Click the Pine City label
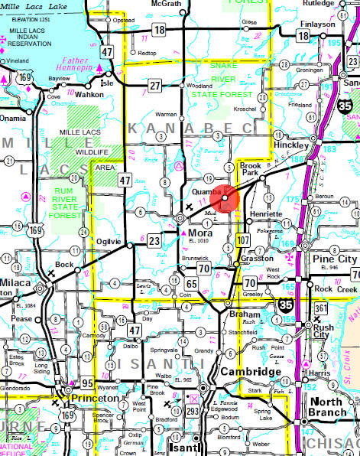(336, 259)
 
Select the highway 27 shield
(155, 85)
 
